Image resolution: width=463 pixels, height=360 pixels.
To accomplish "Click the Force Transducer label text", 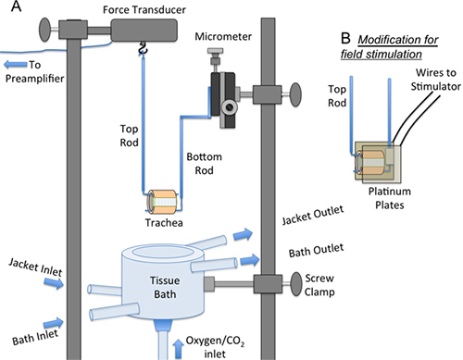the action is [x=144, y=10].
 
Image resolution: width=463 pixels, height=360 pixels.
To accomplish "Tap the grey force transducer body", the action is [x=144, y=30].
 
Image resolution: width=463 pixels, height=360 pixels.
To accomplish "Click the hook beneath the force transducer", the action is [x=143, y=49].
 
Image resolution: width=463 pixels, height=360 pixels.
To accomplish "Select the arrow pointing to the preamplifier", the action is [x=16, y=65].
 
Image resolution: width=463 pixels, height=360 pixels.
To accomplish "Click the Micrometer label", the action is [x=223, y=36].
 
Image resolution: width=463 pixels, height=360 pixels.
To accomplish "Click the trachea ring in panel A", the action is [x=163, y=202].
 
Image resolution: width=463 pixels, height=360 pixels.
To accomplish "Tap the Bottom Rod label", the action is [x=204, y=164].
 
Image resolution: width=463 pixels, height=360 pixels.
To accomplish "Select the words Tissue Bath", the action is [x=165, y=287].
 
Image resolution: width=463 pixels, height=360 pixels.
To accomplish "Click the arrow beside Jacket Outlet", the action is [x=243, y=235].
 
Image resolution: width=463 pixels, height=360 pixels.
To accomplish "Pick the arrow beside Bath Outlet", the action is [x=249, y=260].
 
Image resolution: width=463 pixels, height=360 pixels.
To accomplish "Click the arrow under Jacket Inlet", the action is [x=54, y=282].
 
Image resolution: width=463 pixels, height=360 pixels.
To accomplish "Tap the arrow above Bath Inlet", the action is [x=54, y=323].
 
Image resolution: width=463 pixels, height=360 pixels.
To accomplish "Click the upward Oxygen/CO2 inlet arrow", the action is [x=179, y=349].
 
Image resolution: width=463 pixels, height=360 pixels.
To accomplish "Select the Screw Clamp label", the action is [x=319, y=285].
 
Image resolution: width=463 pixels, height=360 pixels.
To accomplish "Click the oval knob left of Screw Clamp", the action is [x=296, y=284].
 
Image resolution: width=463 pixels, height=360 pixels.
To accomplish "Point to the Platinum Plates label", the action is [x=390, y=198].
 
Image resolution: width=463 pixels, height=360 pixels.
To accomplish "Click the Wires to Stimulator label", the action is [x=436, y=80].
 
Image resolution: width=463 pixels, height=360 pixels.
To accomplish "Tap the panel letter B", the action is [x=345, y=38].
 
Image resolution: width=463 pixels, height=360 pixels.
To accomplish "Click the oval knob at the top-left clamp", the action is [x=45, y=30].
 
